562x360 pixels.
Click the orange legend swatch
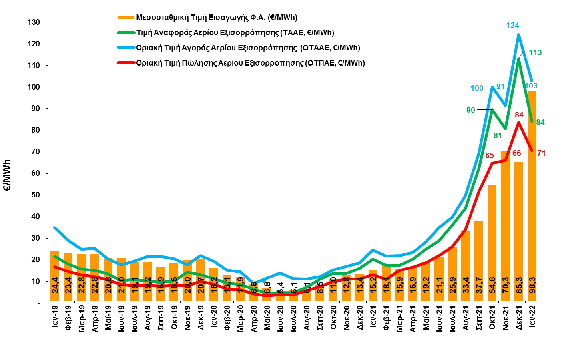(x=126, y=18)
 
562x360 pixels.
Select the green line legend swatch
(x=126, y=32)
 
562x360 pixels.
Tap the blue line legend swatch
(x=126, y=47)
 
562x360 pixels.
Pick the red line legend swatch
(x=126, y=62)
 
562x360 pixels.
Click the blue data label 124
(x=512, y=26)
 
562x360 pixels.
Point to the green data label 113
(x=535, y=52)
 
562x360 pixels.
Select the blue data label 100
(x=477, y=88)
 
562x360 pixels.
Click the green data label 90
(x=471, y=110)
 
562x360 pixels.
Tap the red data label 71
(x=541, y=153)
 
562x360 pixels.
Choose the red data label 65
(x=490, y=155)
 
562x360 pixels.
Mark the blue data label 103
(x=531, y=86)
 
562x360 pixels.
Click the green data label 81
(x=498, y=135)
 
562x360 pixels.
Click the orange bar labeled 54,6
(x=492, y=240)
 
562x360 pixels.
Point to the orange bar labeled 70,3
(x=505, y=224)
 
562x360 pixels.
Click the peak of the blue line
(x=519, y=35)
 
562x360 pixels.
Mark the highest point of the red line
(x=519, y=122)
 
